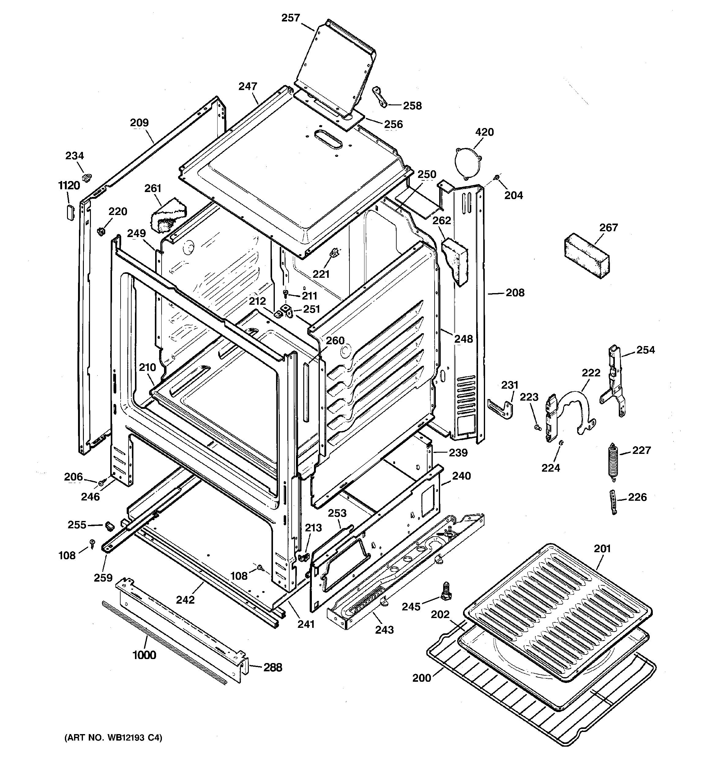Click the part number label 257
click(x=290, y=18)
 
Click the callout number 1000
click(x=144, y=655)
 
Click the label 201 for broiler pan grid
click(x=602, y=549)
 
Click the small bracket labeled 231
click(x=501, y=407)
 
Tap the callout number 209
click(x=139, y=123)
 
